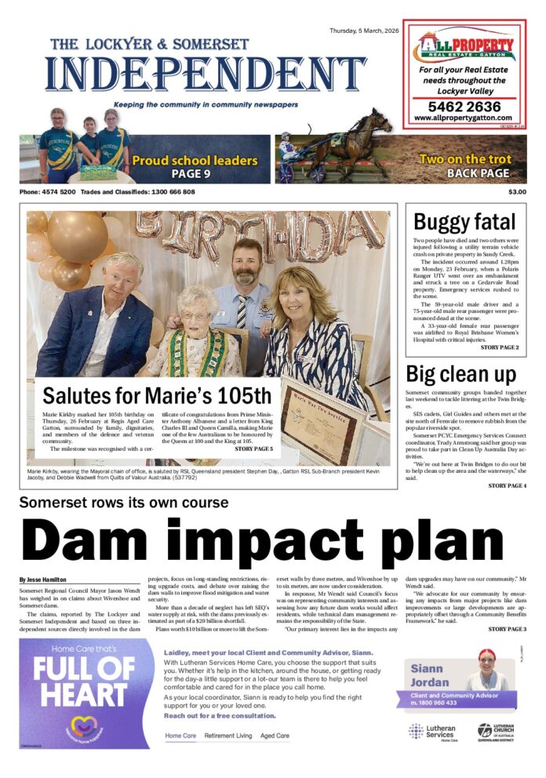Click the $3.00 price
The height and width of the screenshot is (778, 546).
(x=517, y=192)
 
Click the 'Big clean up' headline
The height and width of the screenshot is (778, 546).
(x=460, y=373)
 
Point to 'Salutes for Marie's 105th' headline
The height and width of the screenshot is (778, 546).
(x=157, y=394)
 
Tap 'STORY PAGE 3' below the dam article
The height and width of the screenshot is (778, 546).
(x=507, y=629)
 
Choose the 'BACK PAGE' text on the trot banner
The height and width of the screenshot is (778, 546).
(x=478, y=173)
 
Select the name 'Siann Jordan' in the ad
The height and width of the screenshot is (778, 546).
(x=429, y=675)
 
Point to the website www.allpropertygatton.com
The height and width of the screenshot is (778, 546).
(x=463, y=118)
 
